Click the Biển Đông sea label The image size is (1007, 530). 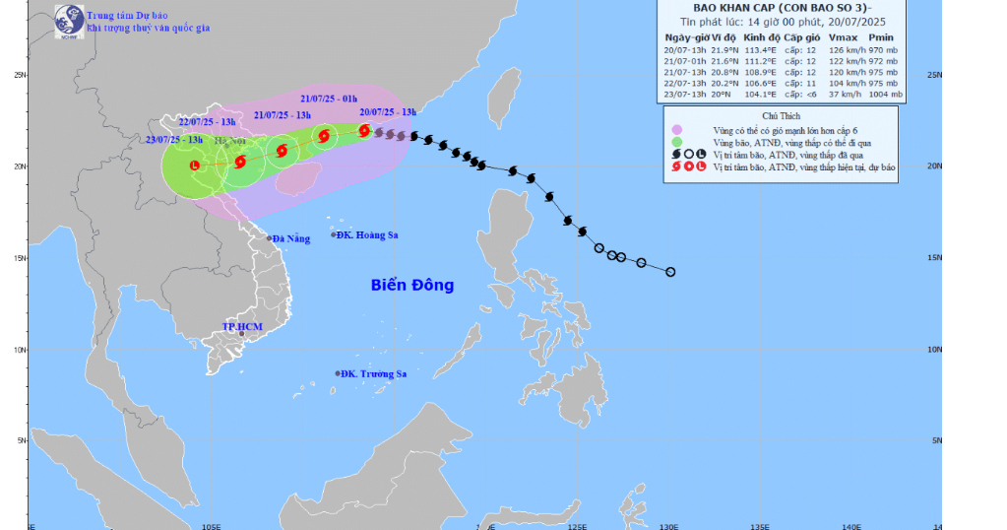point(412,286)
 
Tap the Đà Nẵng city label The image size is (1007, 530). point(291,238)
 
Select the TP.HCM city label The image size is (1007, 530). point(241,325)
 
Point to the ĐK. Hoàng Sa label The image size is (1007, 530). point(371,234)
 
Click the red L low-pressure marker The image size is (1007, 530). point(195,166)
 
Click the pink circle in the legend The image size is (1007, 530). point(676,130)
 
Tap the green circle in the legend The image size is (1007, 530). point(676,142)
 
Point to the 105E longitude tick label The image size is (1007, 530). point(210,525)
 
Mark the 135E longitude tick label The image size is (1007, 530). point(760,525)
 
